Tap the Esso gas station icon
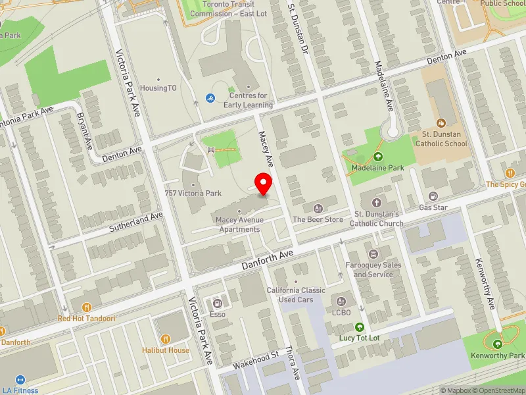(x=218, y=303)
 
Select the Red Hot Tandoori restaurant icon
(x=87, y=307)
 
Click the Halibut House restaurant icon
(x=166, y=338)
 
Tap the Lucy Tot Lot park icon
(x=360, y=327)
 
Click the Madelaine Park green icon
(x=378, y=157)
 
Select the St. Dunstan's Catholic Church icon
(x=377, y=203)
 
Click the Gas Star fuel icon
(x=433, y=196)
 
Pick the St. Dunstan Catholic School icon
(x=441, y=122)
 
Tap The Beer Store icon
(x=318, y=208)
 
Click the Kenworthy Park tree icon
(x=498, y=344)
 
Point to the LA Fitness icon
(x=19, y=380)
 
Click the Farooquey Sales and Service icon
(x=373, y=254)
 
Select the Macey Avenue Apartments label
(x=239, y=224)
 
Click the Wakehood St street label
(x=256, y=360)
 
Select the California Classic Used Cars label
(x=296, y=295)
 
